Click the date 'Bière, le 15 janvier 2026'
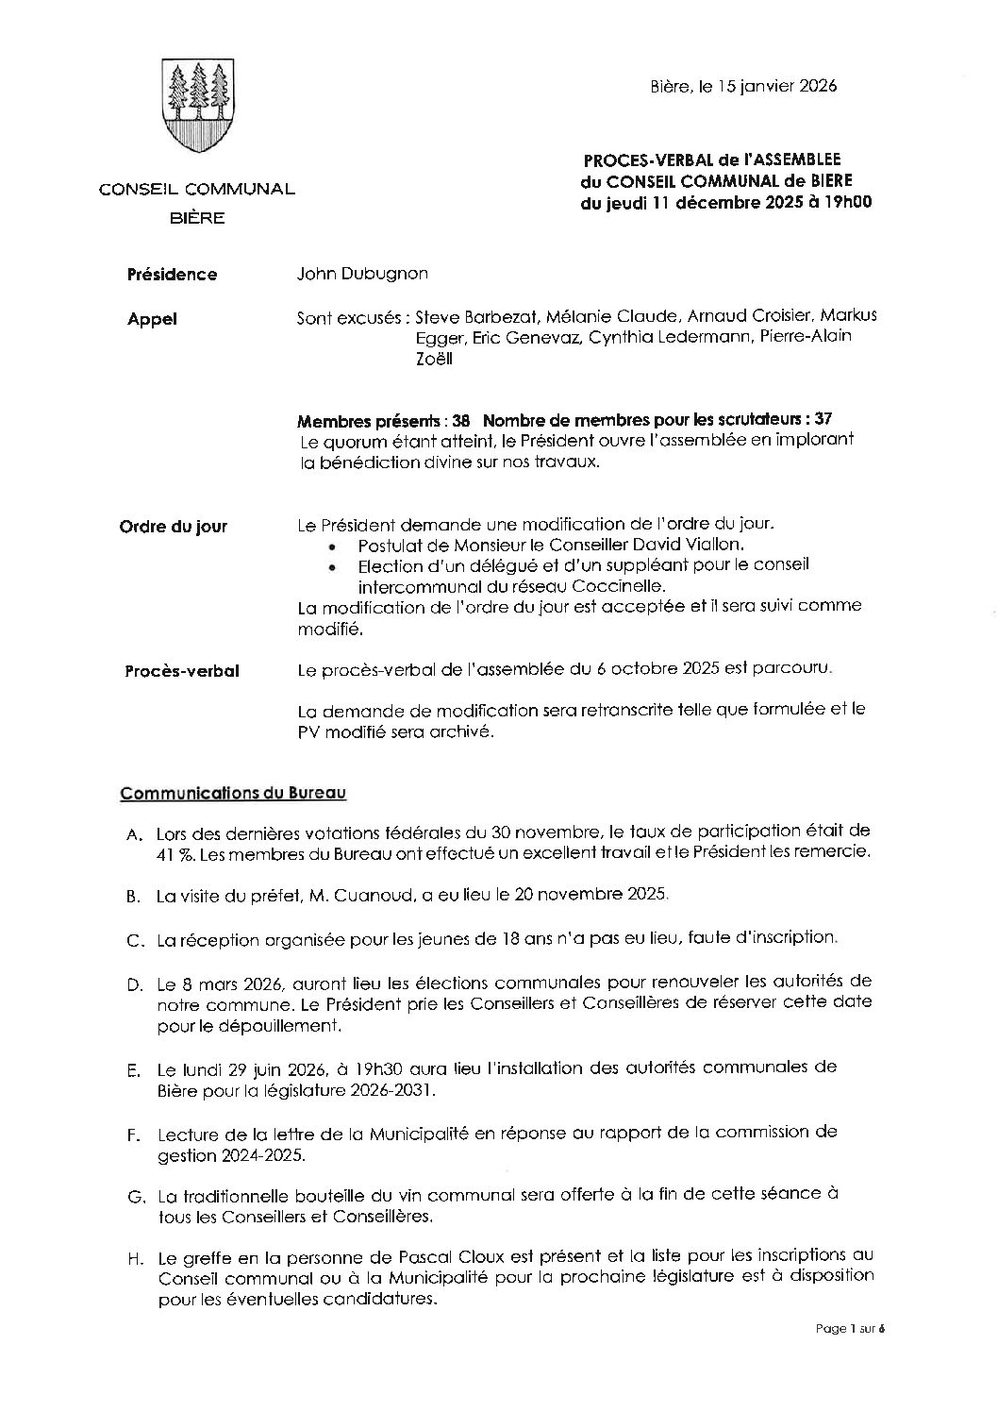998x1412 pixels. [x=743, y=86]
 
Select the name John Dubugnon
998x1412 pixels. [x=362, y=274]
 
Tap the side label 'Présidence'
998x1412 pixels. [x=172, y=275]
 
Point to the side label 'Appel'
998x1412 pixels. [x=152, y=319]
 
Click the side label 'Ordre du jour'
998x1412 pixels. [x=173, y=527]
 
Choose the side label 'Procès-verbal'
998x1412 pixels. [x=182, y=671]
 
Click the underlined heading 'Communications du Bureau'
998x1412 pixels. [x=233, y=793]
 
